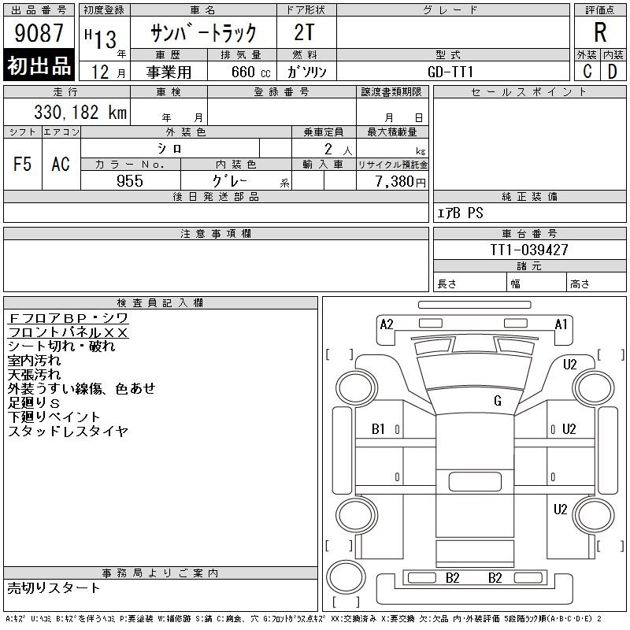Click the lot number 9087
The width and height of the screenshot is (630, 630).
39,32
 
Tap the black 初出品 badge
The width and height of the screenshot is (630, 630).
39,65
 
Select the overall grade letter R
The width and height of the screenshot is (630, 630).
600,32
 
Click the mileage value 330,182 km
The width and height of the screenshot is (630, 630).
80,112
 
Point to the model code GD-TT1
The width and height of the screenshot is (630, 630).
450,72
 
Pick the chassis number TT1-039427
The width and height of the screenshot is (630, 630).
529,250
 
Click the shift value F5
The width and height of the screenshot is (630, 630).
23,164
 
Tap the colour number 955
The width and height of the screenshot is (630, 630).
130,181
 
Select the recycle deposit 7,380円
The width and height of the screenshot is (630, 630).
400,182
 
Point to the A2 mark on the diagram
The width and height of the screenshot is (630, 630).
387,324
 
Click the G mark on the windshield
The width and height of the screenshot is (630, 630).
498,401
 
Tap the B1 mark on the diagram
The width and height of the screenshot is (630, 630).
378,429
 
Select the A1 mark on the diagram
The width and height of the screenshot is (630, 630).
561,324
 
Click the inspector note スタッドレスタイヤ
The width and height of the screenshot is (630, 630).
68,431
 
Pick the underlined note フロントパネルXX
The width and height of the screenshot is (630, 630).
68,332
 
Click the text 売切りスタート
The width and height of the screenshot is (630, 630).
54,587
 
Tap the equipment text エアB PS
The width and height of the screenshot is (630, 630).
460,213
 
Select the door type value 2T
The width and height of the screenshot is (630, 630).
304,32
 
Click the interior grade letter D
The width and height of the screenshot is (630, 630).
613,72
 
